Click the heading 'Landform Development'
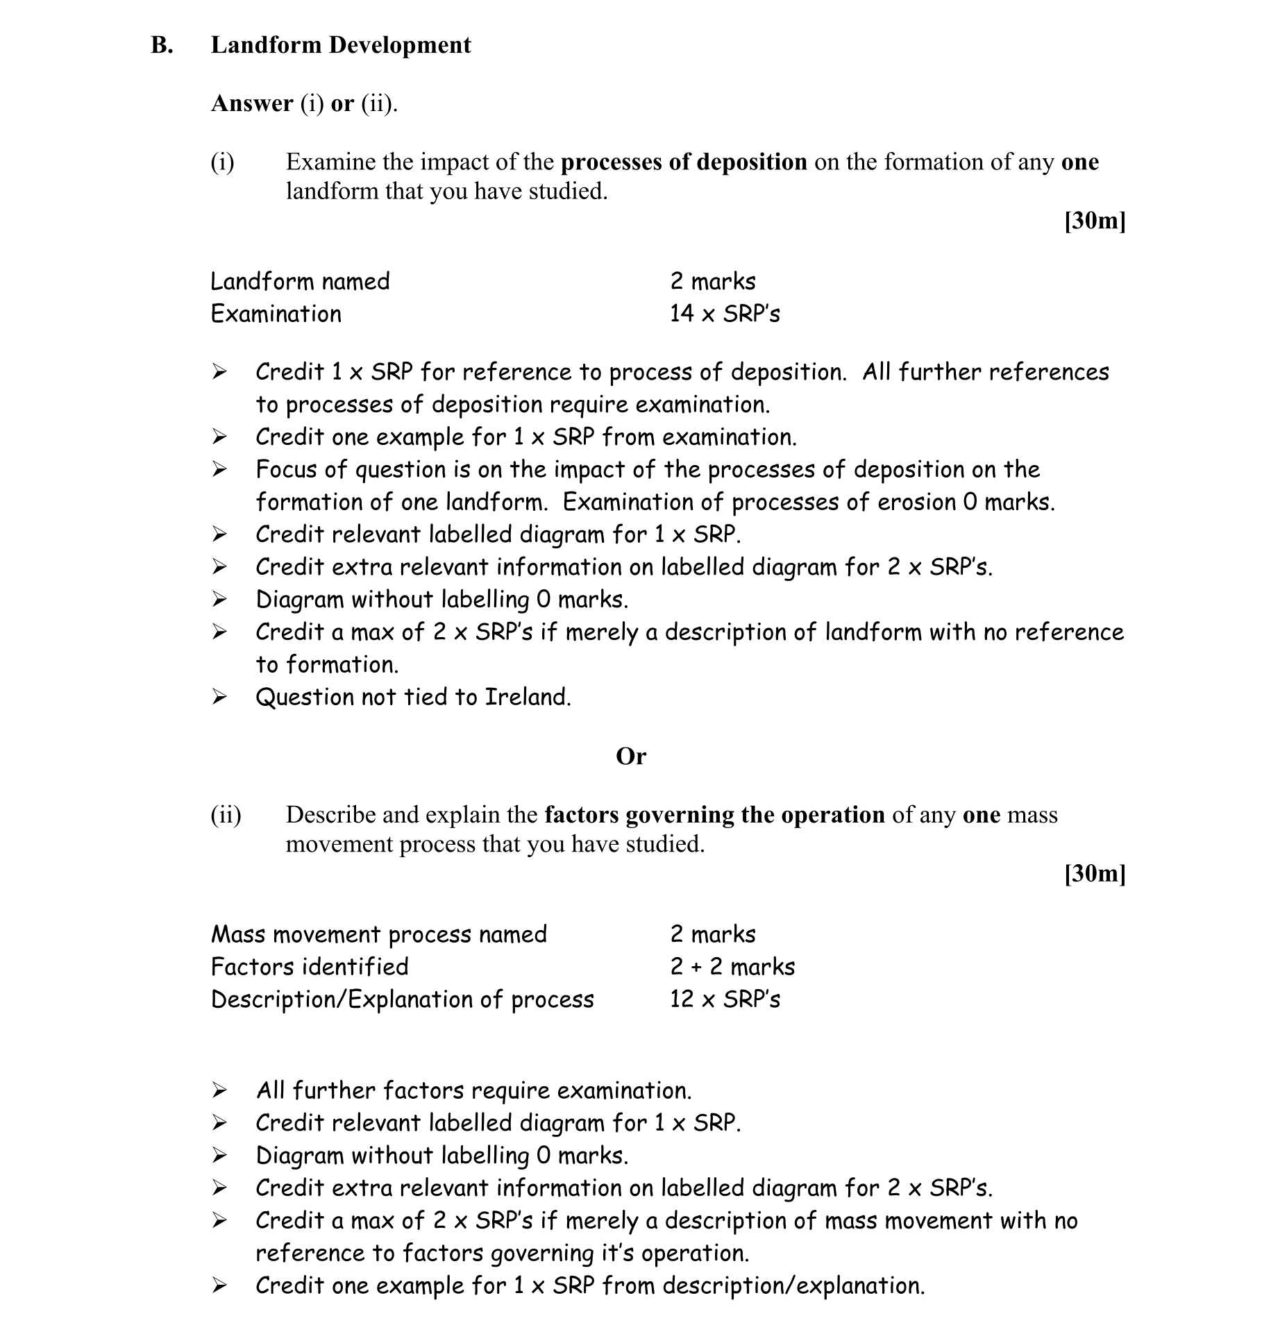point(341,45)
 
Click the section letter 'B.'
point(162,45)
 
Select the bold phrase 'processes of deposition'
point(684,162)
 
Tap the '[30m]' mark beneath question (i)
point(1095,221)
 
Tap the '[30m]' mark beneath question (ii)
point(1095,873)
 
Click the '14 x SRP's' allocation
point(725,314)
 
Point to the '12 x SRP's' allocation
point(725,1000)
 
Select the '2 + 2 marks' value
point(732,967)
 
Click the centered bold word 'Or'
point(630,756)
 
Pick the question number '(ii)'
point(226,815)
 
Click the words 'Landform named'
point(300,281)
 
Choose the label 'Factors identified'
point(310,967)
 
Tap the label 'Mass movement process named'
point(379,934)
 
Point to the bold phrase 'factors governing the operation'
point(714,815)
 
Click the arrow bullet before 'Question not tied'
point(219,697)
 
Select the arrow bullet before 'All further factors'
point(219,1090)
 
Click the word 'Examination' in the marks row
point(276,314)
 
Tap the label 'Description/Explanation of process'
point(403,1000)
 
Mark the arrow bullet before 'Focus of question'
point(219,470)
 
